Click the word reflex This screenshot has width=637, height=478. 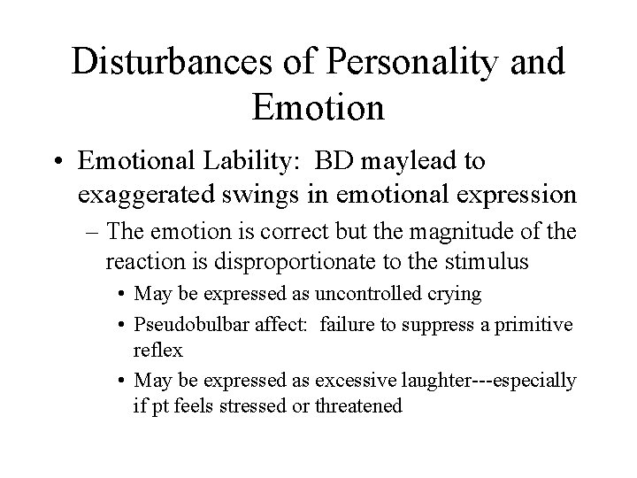click(158, 349)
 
